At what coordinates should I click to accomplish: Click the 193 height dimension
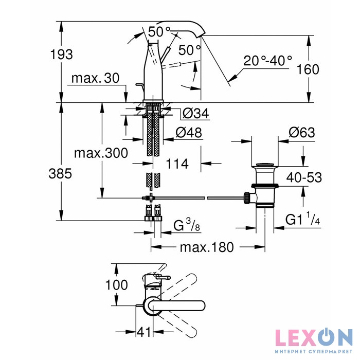(x=61, y=53)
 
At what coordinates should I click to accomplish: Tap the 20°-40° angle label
(x=267, y=61)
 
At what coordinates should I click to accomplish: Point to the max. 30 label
(x=95, y=78)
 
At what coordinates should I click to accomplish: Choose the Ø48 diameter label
(x=189, y=132)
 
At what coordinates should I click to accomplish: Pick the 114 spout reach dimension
(x=177, y=164)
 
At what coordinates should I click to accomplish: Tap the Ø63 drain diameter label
(x=301, y=132)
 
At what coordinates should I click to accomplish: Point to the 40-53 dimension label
(x=304, y=177)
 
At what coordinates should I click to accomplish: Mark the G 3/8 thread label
(x=185, y=225)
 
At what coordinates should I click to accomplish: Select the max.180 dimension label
(x=207, y=247)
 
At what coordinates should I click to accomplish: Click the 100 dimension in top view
(x=117, y=285)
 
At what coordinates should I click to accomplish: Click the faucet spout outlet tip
(x=202, y=33)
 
